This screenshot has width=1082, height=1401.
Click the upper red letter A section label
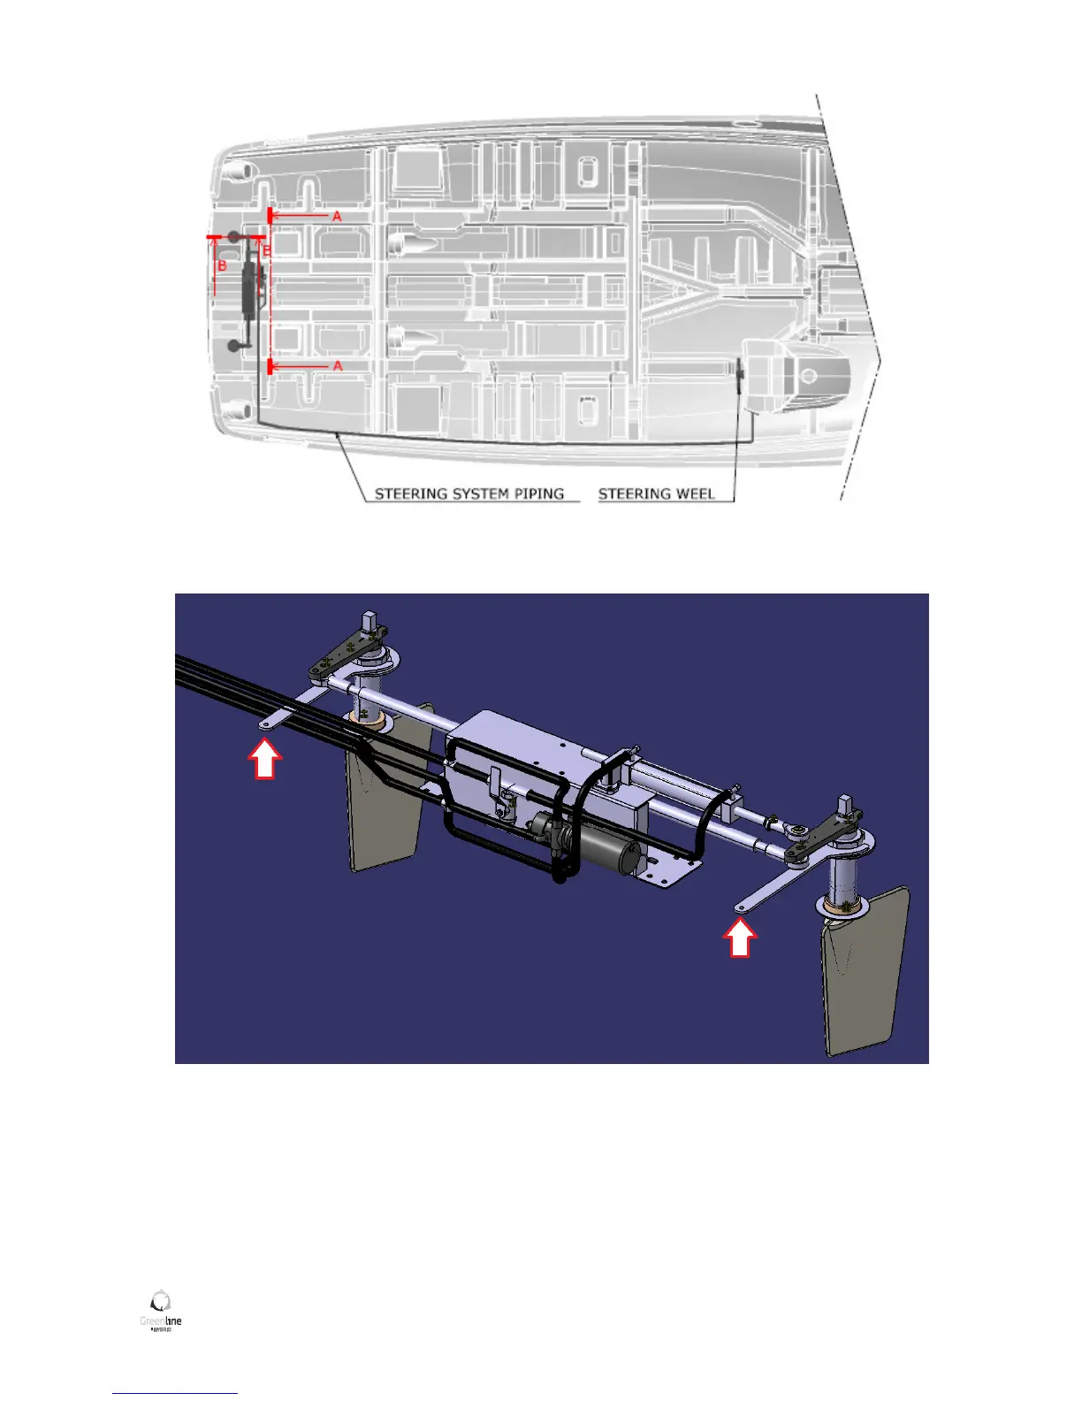337,216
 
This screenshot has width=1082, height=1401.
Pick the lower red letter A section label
337,365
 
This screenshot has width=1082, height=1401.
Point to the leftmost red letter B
222,265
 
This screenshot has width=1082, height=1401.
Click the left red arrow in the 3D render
264,760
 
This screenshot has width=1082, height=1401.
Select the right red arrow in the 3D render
740,938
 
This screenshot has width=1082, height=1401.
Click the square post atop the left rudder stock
370,624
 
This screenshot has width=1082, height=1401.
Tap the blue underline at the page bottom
175,1393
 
